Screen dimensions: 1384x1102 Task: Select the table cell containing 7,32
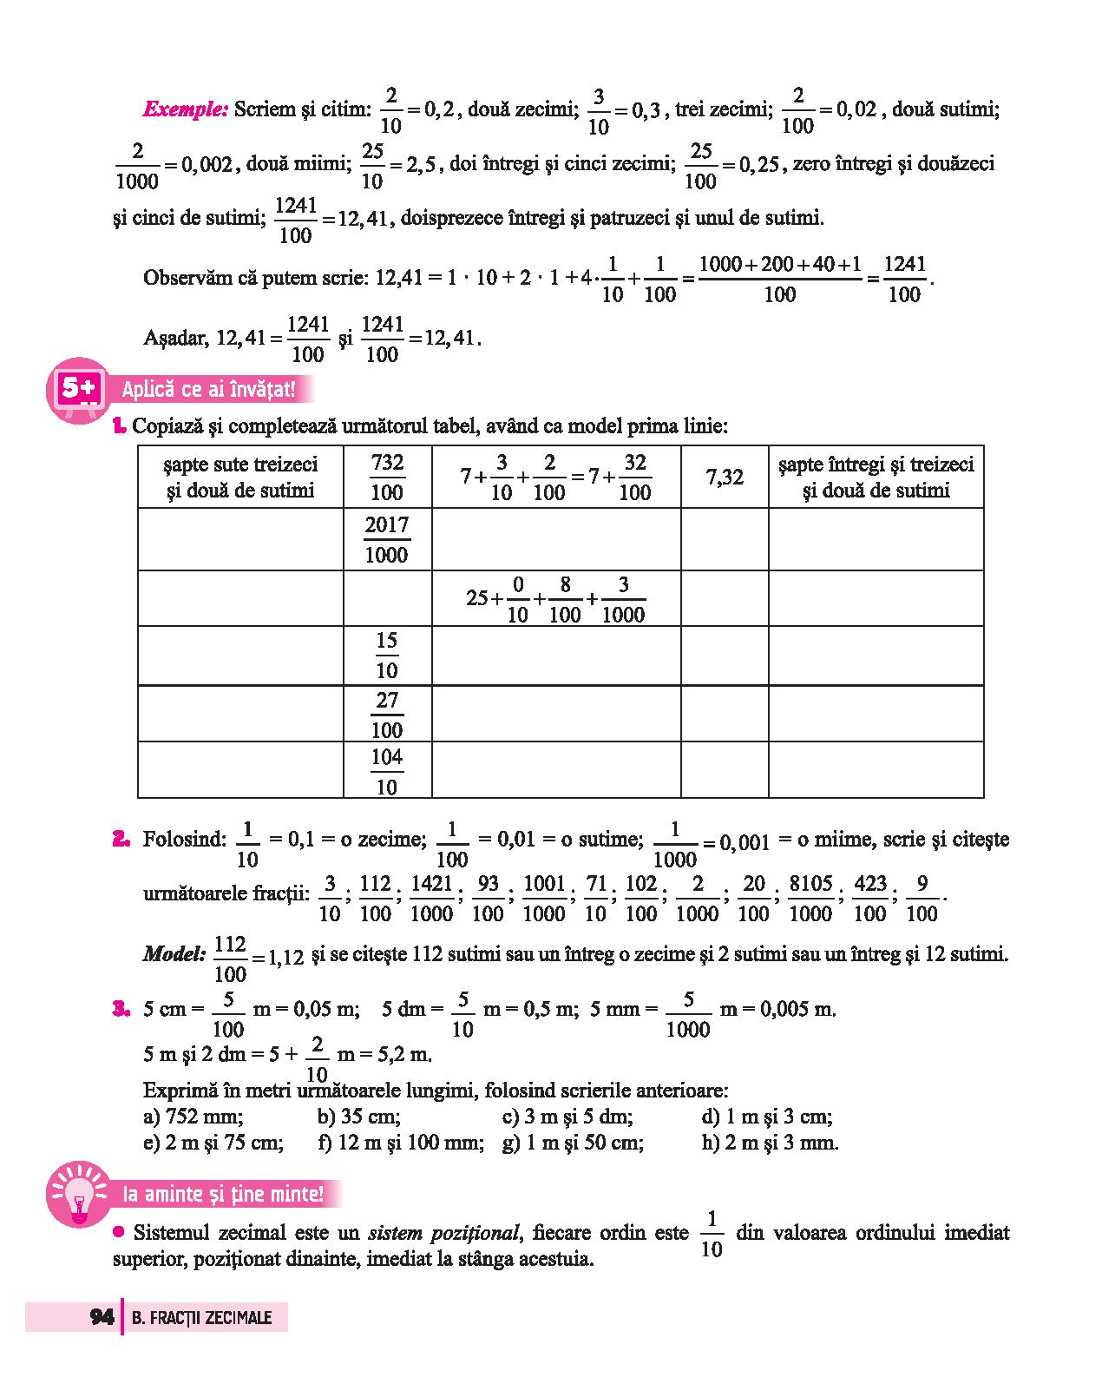click(x=725, y=477)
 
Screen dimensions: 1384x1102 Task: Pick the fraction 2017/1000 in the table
click(x=387, y=539)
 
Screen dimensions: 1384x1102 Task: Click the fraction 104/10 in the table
click(x=387, y=771)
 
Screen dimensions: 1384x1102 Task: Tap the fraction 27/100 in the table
click(x=387, y=714)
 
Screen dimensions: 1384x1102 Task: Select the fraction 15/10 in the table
click(x=387, y=656)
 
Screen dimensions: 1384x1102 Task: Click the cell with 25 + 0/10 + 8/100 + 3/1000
click(x=555, y=599)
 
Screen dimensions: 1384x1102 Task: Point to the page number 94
click(x=102, y=1317)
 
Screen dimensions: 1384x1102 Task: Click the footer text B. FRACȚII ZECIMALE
click(x=202, y=1318)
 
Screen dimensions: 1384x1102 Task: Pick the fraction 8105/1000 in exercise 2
click(x=810, y=898)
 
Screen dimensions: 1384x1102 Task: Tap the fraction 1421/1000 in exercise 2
click(x=431, y=898)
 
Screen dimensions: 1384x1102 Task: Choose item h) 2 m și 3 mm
click(x=770, y=1143)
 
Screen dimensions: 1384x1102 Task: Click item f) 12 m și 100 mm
click(x=401, y=1143)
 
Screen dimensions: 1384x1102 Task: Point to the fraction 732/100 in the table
click(x=387, y=477)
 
